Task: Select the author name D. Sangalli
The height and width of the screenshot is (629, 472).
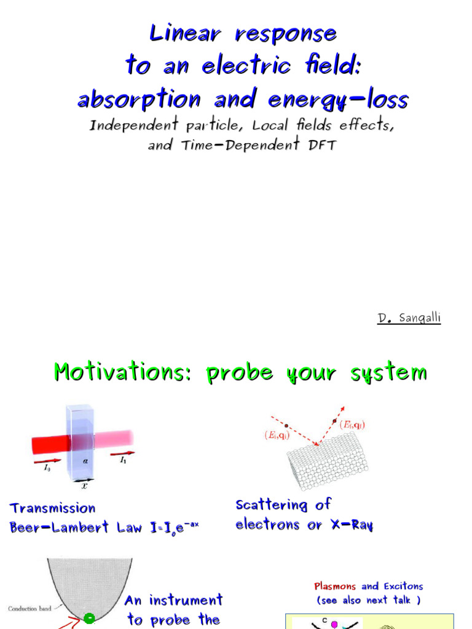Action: (409, 318)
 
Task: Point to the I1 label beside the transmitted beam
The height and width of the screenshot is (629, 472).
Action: (123, 459)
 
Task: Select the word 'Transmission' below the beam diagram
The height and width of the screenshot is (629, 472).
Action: (53, 508)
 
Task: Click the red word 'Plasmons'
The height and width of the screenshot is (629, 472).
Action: (336, 586)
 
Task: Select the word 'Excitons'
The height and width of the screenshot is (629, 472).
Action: (402, 586)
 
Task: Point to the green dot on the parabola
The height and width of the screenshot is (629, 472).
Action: (89, 617)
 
